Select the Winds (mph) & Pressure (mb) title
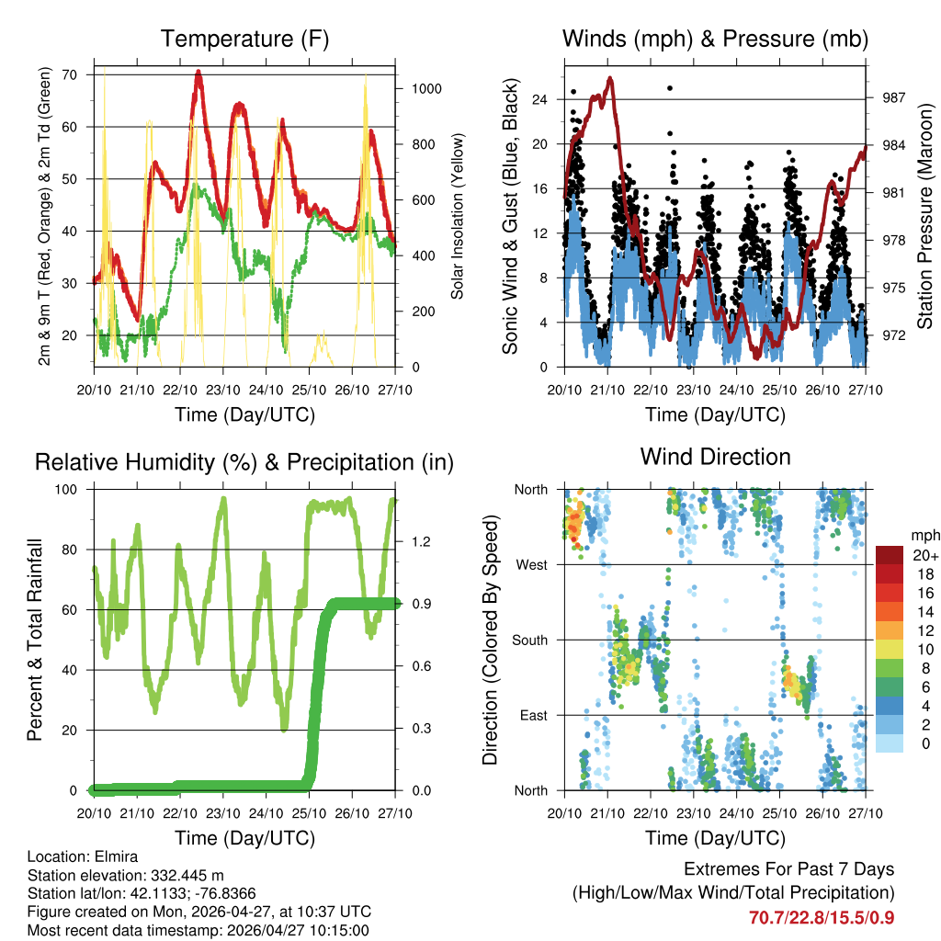(x=715, y=39)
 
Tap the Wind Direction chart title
(x=715, y=457)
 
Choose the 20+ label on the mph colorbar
(x=922, y=555)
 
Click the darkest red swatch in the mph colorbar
(x=889, y=554)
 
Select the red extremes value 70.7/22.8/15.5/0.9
(x=822, y=917)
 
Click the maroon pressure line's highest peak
(x=609, y=78)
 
